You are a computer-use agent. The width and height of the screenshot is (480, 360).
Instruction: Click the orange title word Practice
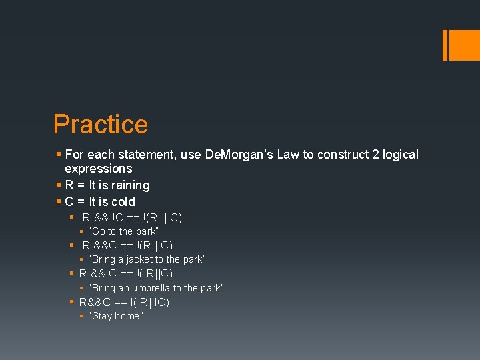point(101,125)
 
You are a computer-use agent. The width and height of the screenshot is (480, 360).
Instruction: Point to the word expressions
point(98,169)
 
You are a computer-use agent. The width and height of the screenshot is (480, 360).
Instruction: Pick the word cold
point(123,202)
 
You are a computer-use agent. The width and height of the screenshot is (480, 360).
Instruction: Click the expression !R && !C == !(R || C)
point(131,217)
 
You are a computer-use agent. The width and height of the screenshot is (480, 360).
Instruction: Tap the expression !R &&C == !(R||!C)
point(126,245)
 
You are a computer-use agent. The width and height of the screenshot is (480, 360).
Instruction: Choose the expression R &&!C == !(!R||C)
point(126,273)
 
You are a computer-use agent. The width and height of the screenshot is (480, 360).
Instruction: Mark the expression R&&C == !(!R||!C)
point(124,302)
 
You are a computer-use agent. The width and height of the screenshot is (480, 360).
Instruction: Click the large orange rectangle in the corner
point(464,45)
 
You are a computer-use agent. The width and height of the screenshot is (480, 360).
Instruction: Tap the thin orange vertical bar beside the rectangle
point(445,45)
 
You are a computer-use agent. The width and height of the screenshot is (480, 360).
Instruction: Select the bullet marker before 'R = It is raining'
point(59,185)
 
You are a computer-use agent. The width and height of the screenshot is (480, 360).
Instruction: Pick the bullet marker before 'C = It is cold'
point(59,202)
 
